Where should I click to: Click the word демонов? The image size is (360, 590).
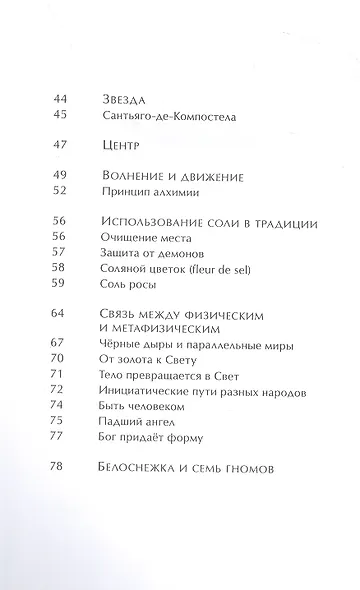click(182, 253)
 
